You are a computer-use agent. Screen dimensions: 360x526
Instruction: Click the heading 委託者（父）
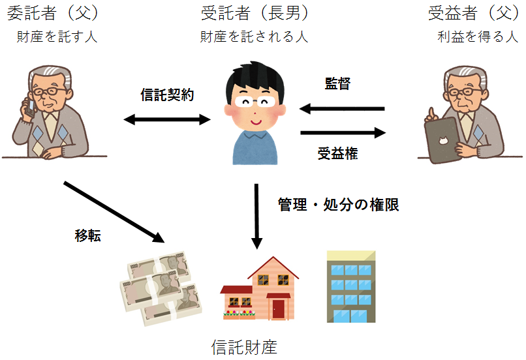pyautogui.click(x=57, y=13)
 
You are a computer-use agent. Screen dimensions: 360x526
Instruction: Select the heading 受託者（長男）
pyautogui.click(x=255, y=13)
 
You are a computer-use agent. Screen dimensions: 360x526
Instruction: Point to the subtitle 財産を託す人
pyautogui.click(x=57, y=37)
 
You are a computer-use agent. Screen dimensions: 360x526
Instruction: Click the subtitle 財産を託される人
pyautogui.click(x=254, y=37)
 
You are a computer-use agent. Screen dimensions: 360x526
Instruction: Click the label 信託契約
pyautogui.click(x=167, y=95)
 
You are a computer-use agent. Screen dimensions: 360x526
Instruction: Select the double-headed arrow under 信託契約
pyautogui.click(x=167, y=119)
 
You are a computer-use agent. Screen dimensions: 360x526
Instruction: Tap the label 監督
pyautogui.click(x=337, y=84)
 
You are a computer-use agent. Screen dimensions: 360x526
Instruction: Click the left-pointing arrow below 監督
pyautogui.click(x=342, y=109)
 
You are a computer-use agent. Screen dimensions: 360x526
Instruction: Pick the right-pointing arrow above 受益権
pyautogui.click(x=343, y=133)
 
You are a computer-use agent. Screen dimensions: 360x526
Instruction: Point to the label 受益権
pyautogui.click(x=337, y=154)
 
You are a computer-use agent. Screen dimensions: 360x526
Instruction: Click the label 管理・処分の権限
pyautogui.click(x=338, y=205)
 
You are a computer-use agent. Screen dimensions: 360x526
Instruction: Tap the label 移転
pyautogui.click(x=87, y=236)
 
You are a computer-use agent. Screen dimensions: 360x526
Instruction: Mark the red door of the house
pyautogui.click(x=279, y=307)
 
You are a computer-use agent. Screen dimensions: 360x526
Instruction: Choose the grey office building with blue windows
pyautogui.click(x=352, y=286)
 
